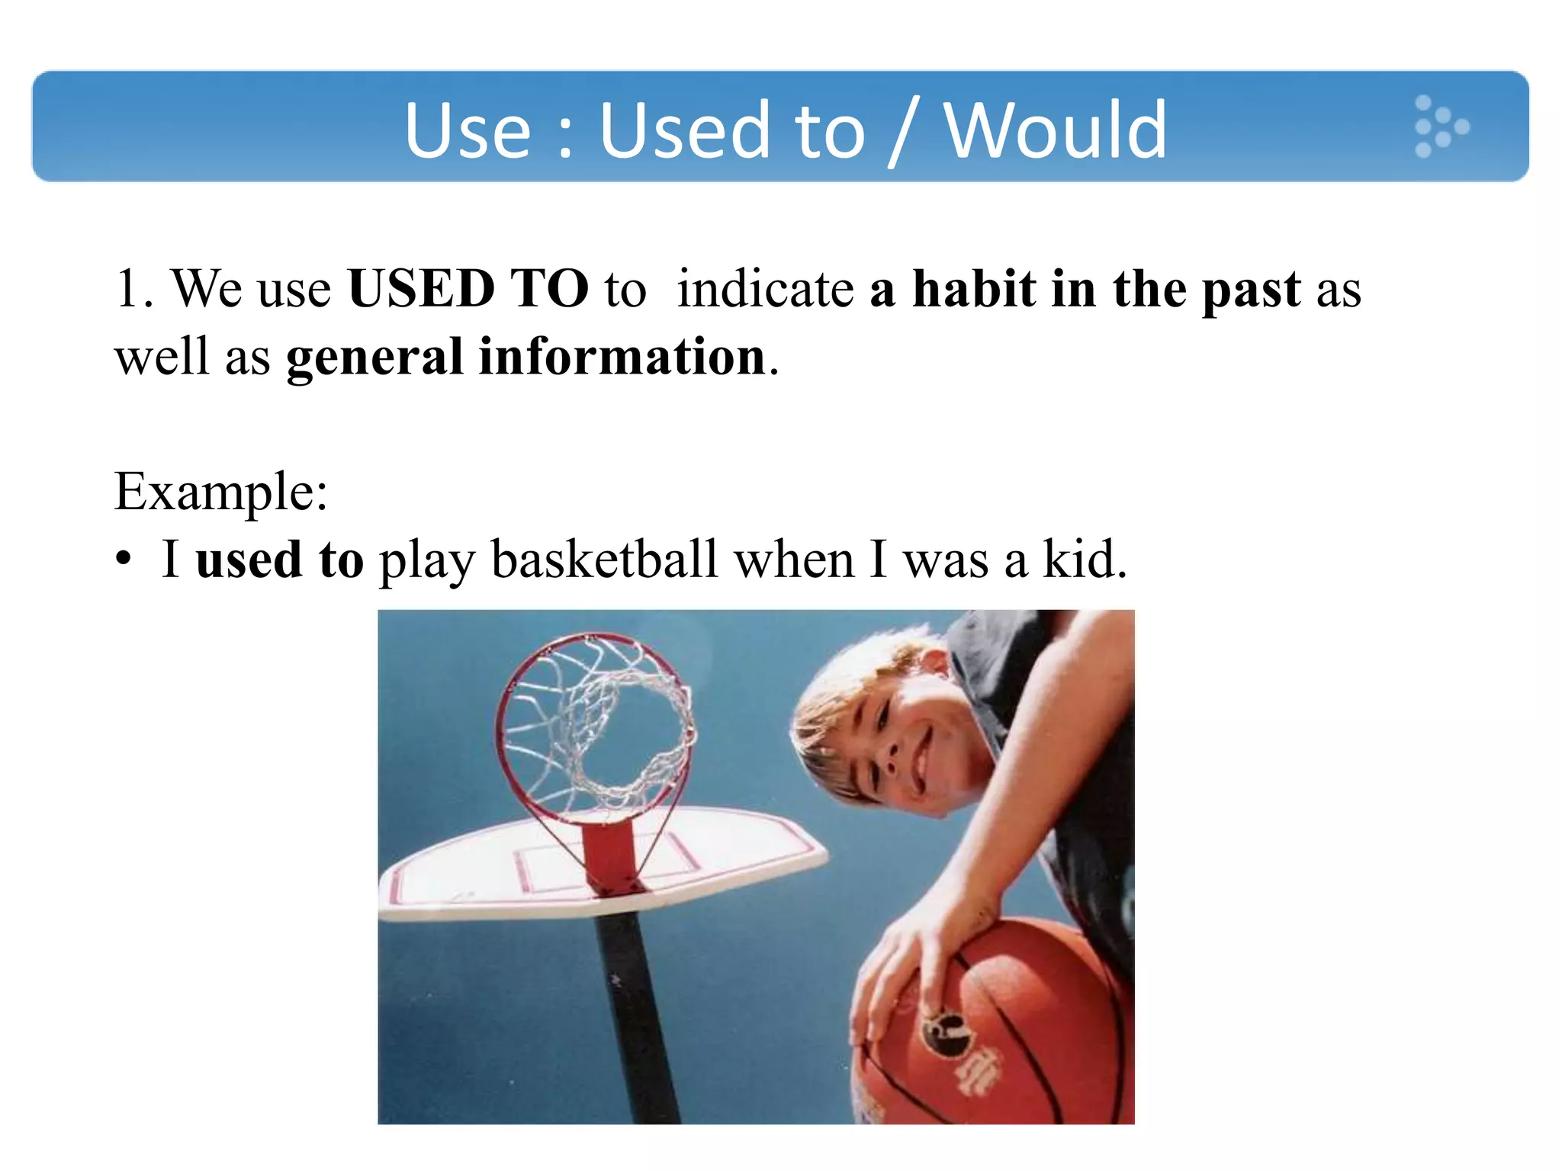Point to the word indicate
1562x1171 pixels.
(x=765, y=289)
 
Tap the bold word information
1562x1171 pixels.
(x=622, y=357)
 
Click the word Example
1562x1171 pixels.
(x=220, y=492)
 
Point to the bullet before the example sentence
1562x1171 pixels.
(x=124, y=560)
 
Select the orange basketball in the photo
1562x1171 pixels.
(x=1014, y=1029)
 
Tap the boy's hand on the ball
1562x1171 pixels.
(x=915, y=961)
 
